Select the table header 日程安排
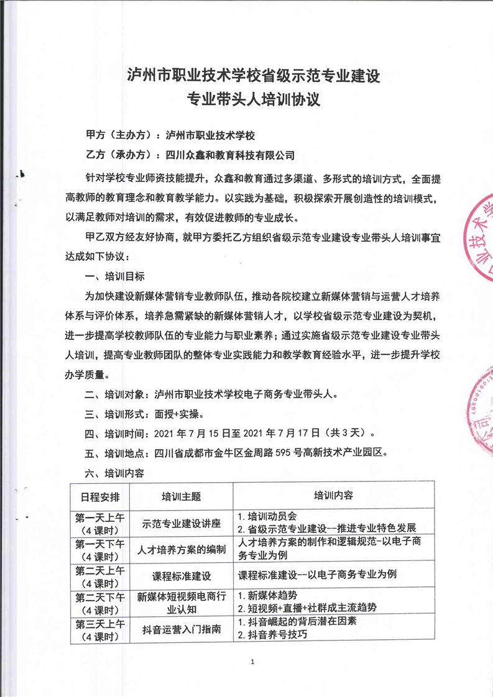[x=100, y=496]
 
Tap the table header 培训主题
[x=182, y=496]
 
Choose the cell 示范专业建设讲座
[x=182, y=523]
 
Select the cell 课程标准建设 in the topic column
[x=182, y=575]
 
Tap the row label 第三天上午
[x=100, y=622]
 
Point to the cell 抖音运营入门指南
[x=182, y=629]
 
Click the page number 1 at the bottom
[x=253, y=663]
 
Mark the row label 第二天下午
[x=100, y=595]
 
